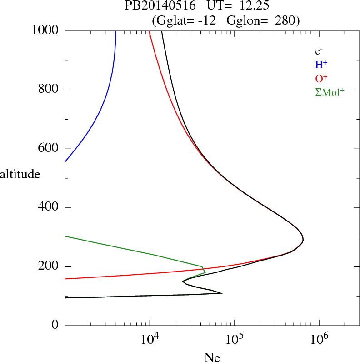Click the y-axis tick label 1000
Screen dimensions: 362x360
pos(45,30)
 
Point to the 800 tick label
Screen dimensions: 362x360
pos(50,90)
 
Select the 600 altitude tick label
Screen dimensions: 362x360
pos(50,149)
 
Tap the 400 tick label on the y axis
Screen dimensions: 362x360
pos(50,207)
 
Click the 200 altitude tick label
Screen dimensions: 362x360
pos(50,266)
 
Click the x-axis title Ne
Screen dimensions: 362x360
pos(212,357)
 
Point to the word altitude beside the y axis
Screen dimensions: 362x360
pos(20,174)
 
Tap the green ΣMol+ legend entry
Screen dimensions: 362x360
pos(330,92)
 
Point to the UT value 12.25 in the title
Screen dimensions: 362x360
pos(249,6)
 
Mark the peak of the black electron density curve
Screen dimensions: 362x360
pos(303,240)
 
